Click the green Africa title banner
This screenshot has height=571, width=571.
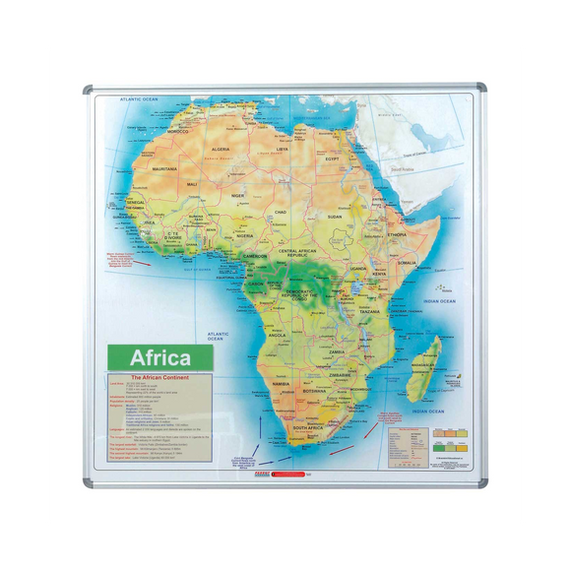tap(159, 356)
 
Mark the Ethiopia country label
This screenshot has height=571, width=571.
tap(397, 235)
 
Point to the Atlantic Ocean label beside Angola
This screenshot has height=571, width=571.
tap(219, 337)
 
